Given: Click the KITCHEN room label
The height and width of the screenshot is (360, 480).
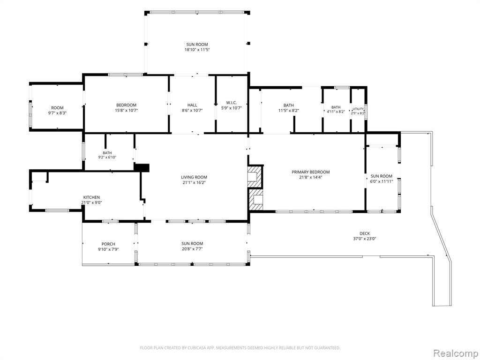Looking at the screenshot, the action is click(91, 197).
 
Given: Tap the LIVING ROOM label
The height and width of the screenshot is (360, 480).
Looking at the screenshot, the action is click(194, 177).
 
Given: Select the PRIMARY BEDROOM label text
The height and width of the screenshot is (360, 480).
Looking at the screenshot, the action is click(310, 172).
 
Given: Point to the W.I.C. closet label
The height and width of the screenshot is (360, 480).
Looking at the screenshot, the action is click(232, 103).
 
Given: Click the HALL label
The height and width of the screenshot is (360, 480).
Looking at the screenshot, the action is click(192, 105).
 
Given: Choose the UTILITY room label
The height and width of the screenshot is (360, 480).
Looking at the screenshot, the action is click(358, 109).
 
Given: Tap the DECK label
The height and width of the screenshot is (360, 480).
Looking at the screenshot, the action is click(364, 233).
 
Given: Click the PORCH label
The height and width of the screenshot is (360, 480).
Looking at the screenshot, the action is click(108, 244).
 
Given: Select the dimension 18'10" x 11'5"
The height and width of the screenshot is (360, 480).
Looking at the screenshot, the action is click(197, 50).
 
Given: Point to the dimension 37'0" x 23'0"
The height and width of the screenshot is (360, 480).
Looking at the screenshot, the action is click(364, 239).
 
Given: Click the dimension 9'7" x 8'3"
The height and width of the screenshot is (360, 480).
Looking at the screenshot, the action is click(57, 112).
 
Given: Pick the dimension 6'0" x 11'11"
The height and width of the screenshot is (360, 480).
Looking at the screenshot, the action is click(382, 181).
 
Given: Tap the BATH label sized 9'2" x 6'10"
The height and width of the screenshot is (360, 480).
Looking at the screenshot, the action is click(107, 153).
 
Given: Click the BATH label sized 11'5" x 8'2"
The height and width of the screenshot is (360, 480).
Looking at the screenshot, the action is click(288, 105).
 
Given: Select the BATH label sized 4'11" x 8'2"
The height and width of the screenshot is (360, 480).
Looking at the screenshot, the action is click(336, 107).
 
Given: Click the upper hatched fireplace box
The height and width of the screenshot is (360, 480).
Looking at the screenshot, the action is click(255, 176).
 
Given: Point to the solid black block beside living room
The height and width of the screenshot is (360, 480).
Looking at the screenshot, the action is click(142, 168).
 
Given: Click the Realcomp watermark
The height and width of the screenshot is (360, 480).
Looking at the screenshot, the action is click(455, 353).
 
